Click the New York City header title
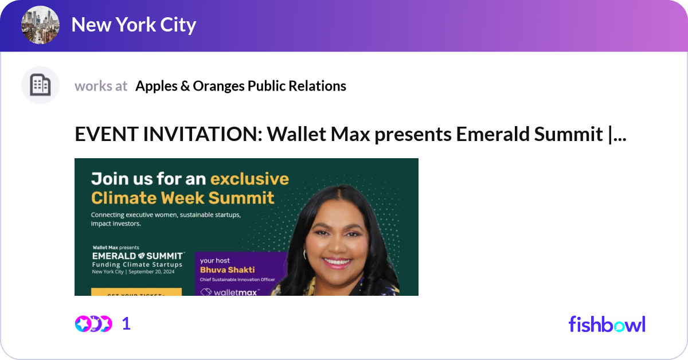(133, 25)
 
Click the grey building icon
(40, 85)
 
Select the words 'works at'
(101, 86)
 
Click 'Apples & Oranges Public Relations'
(240, 86)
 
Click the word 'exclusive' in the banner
(249, 179)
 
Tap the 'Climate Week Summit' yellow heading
(182, 198)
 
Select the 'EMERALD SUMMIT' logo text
(138, 255)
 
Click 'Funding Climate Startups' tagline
(137, 264)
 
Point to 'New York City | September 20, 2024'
(133, 272)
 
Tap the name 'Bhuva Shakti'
(227, 269)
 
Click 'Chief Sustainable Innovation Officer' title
(237, 280)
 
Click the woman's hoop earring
(305, 254)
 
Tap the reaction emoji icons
(93, 324)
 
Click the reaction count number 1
(126, 324)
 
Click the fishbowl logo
(607, 324)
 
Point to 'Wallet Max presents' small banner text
(116, 248)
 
